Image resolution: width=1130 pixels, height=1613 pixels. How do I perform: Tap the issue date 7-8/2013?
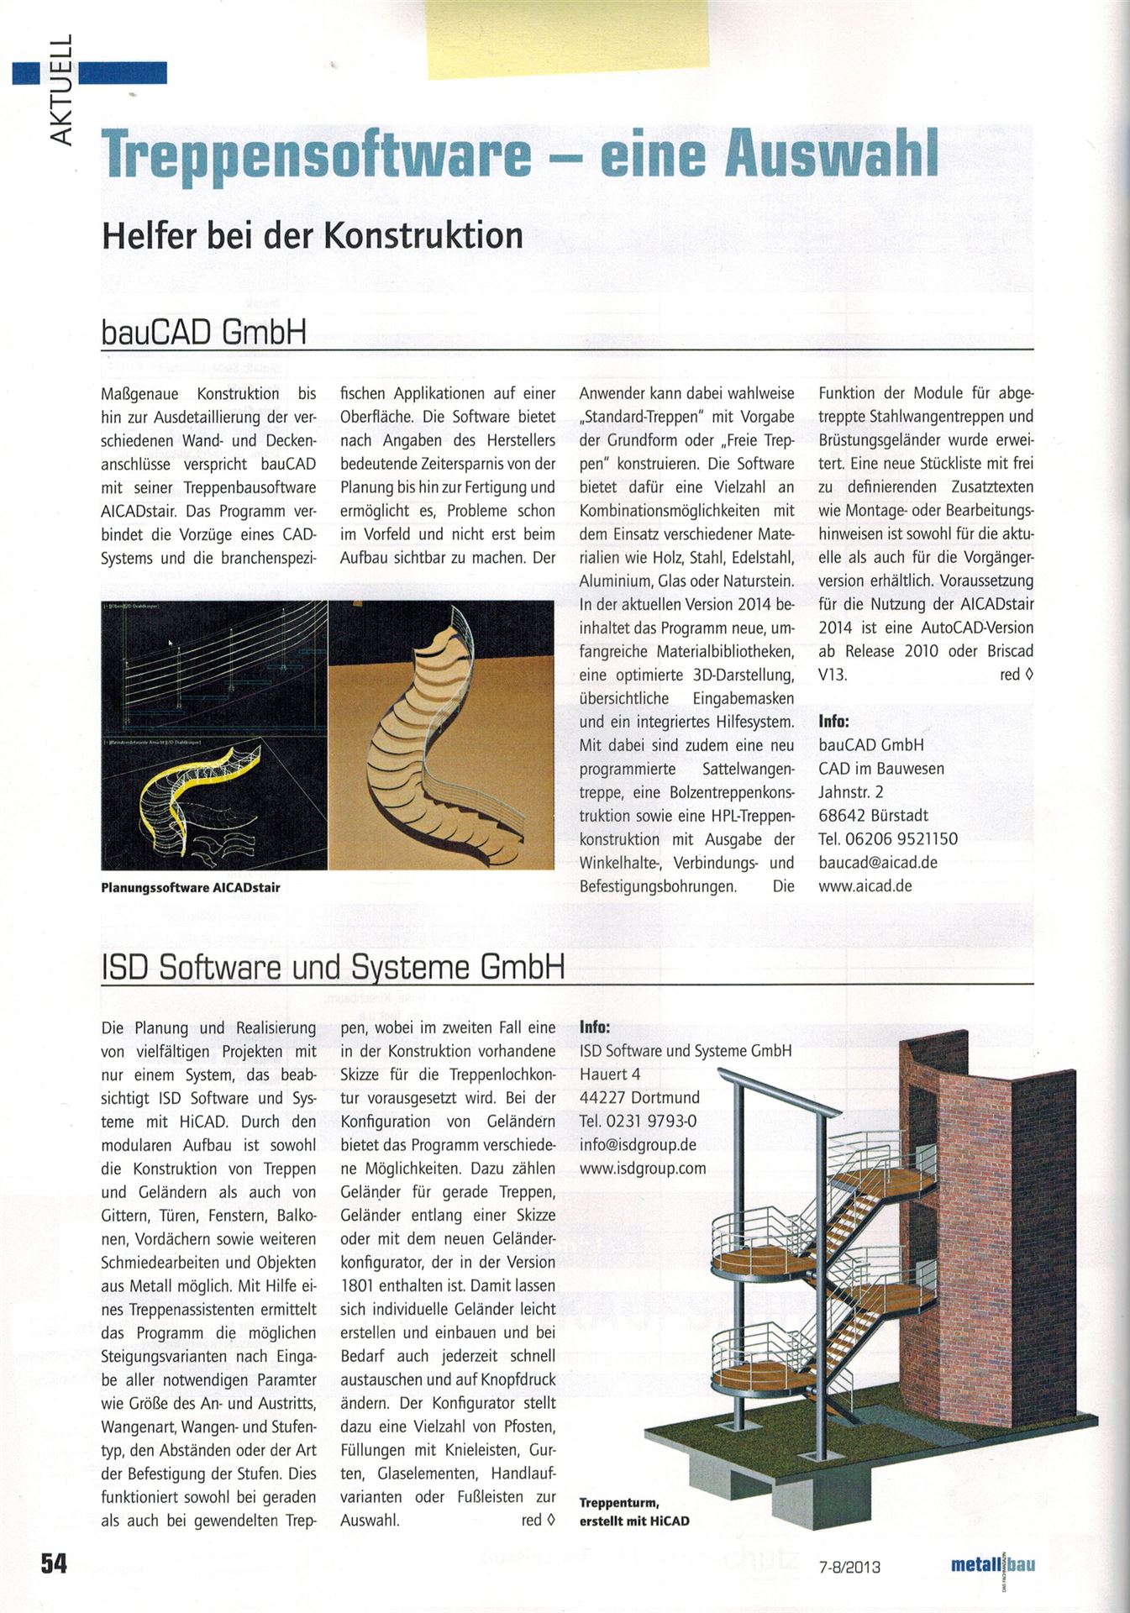click(849, 1565)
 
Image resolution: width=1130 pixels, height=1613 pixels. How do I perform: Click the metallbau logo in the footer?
click(992, 1564)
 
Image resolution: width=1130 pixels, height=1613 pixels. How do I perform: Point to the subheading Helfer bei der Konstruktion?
click(312, 234)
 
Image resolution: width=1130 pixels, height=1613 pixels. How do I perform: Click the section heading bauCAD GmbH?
click(202, 333)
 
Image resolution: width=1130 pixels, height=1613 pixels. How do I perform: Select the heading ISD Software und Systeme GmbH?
click(332, 968)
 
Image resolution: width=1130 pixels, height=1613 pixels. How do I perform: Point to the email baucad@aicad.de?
click(877, 862)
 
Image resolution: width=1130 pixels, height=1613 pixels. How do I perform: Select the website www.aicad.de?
click(865, 885)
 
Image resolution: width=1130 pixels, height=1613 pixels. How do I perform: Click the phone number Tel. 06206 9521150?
click(887, 838)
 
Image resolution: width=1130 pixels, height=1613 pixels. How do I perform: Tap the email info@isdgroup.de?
click(638, 1144)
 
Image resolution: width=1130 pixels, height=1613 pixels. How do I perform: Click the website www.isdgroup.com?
click(643, 1168)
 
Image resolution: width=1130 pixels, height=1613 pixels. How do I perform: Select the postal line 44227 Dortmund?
click(639, 1097)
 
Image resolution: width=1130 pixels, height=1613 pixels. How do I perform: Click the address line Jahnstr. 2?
click(850, 791)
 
